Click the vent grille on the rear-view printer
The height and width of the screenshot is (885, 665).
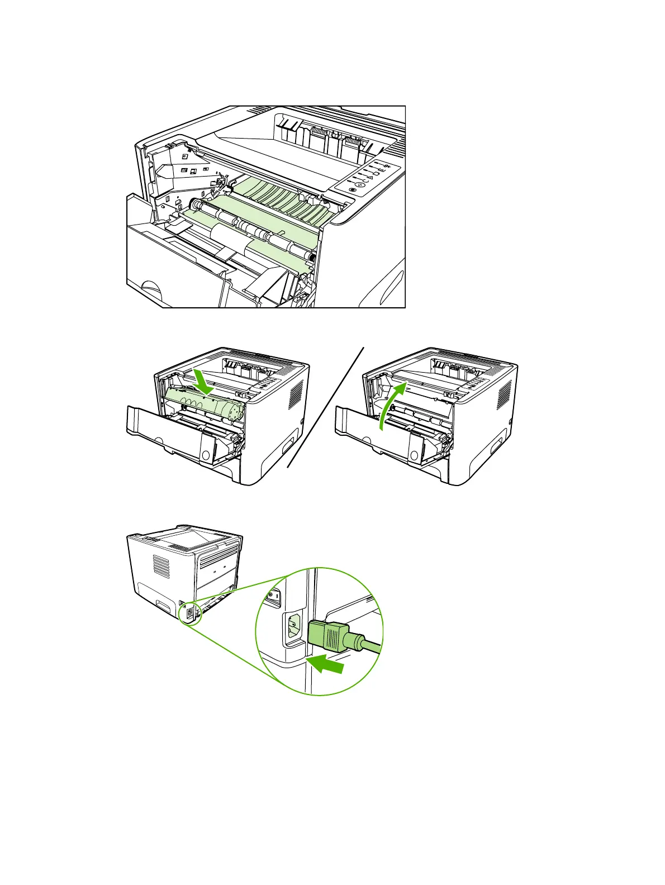pos(161,567)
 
